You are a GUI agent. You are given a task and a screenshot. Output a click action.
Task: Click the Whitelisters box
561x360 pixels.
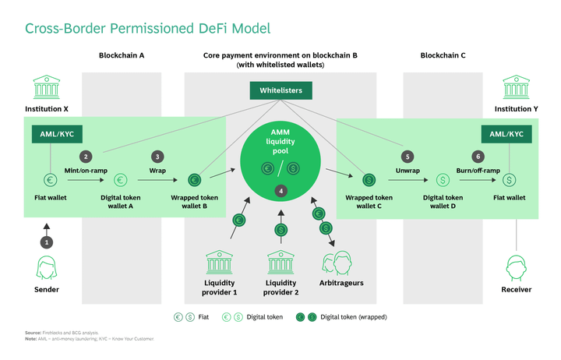point(280,91)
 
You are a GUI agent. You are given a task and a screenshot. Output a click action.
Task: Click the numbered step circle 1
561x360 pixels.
point(47,242)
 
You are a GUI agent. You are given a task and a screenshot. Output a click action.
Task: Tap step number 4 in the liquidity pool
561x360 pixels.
point(280,191)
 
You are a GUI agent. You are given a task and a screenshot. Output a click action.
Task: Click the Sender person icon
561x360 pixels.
point(47,268)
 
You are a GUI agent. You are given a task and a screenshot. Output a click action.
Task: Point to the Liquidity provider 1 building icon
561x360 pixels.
point(219,261)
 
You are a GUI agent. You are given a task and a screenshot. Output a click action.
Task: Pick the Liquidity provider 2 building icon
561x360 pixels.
point(280,261)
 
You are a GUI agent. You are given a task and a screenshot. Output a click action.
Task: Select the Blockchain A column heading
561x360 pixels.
point(122,56)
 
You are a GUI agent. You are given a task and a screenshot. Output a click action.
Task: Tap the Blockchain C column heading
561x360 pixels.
point(443,56)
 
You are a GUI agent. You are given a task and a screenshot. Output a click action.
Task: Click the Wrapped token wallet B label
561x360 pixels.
point(194,202)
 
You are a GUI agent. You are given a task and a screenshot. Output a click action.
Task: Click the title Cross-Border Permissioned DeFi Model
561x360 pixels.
point(147,29)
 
